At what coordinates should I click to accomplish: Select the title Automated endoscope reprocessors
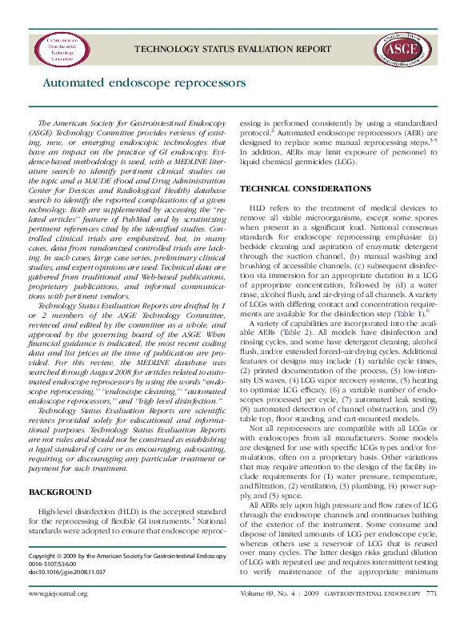(x=143, y=82)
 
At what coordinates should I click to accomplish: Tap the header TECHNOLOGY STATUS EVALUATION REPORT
(x=233, y=49)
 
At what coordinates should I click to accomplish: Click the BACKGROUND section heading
(x=60, y=492)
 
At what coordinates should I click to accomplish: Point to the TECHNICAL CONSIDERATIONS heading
(x=294, y=188)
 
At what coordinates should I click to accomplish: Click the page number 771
(x=432, y=616)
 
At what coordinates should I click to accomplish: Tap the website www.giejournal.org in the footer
(x=58, y=616)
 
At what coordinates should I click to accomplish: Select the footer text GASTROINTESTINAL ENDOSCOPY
(x=379, y=616)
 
